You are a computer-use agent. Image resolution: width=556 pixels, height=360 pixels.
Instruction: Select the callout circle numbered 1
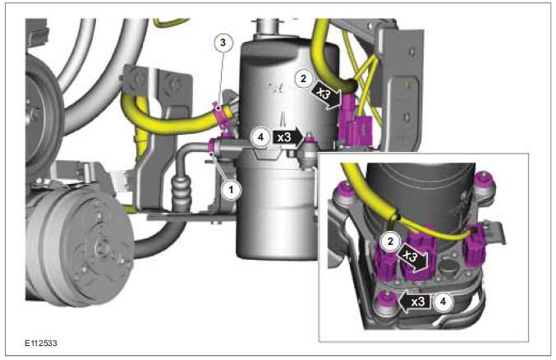232,188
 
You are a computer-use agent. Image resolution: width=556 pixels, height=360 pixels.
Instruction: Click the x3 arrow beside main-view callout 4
287,137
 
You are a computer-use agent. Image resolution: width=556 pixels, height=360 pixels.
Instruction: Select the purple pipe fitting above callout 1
215,147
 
